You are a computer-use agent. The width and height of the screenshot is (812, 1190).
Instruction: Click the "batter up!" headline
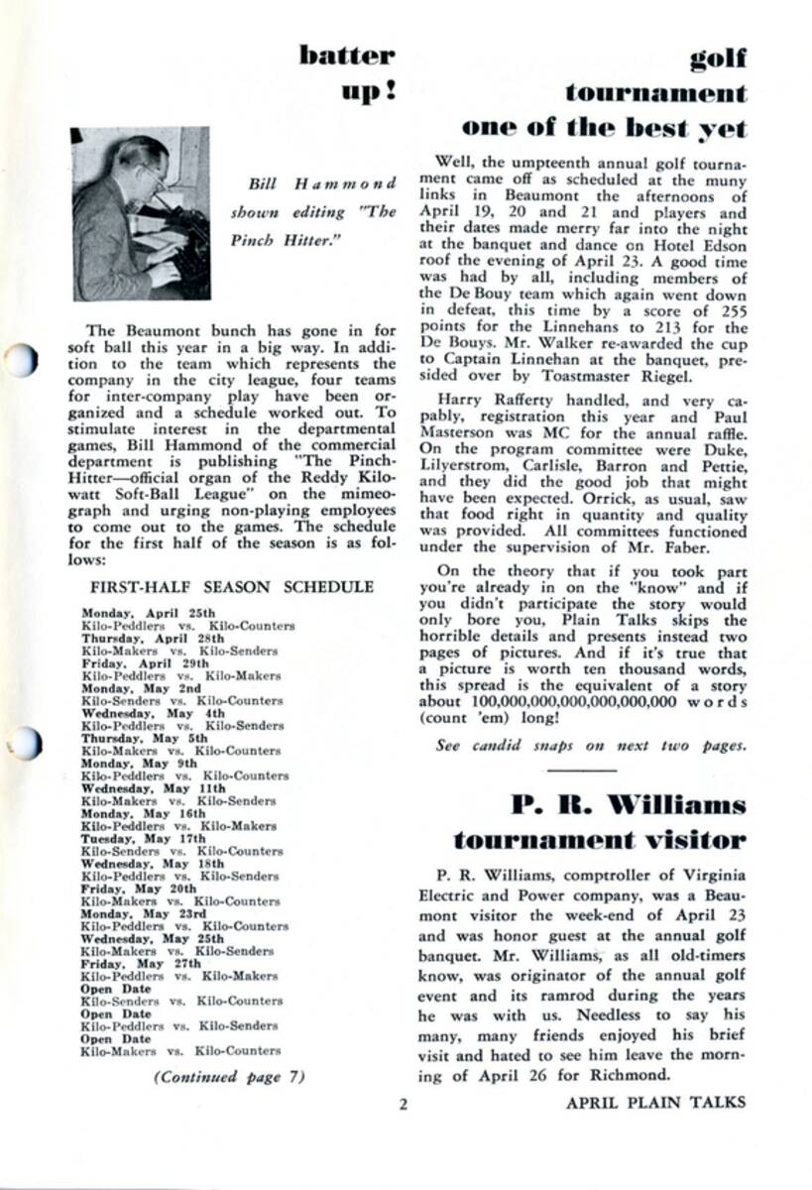[346, 74]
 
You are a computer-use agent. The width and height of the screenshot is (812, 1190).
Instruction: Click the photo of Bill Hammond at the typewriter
[141, 213]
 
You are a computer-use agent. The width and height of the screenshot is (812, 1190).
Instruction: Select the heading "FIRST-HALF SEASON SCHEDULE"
[232, 587]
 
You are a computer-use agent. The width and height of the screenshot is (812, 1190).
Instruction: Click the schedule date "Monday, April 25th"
[148, 613]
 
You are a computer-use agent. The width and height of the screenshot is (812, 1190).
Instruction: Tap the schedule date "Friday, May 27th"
[140, 963]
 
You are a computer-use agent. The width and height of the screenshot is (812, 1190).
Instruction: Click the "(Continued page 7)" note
[229, 1077]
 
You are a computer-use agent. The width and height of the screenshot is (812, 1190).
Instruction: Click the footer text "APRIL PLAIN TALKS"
[655, 1101]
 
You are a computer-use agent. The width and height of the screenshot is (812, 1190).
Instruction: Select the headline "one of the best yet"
[605, 129]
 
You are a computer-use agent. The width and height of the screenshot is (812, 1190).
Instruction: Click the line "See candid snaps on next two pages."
[589, 746]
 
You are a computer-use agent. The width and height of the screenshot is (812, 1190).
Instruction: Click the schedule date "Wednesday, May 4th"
[144, 713]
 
